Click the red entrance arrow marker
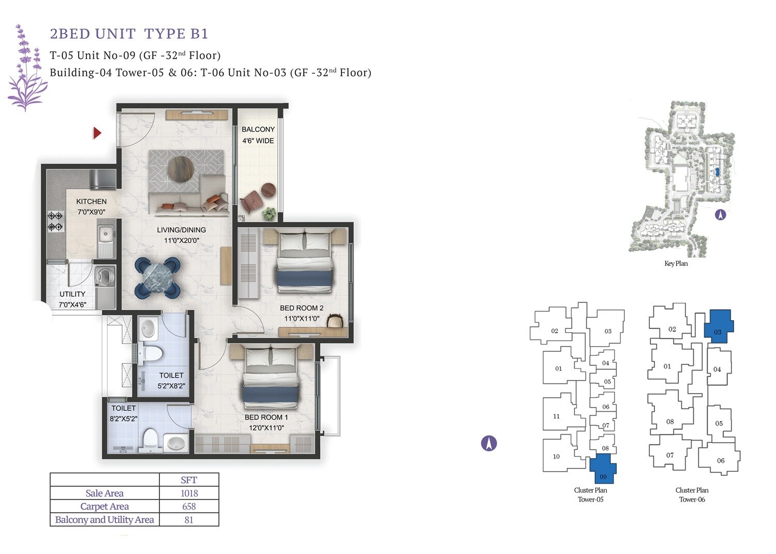pyautogui.click(x=97, y=133)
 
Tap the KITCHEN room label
pyautogui.click(x=91, y=206)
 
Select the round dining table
pyautogui.click(x=158, y=278)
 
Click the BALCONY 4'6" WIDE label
pyautogui.click(x=258, y=135)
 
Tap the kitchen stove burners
pyautogui.click(x=55, y=221)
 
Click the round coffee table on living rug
pyautogui.click(x=181, y=169)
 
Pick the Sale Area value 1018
pyautogui.click(x=189, y=493)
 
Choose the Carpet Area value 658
pyautogui.click(x=189, y=506)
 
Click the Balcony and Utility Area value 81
pyautogui.click(x=189, y=520)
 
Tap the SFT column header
pyautogui.click(x=189, y=480)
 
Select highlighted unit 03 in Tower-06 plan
pyautogui.click(x=718, y=326)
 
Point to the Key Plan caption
pyautogui.click(x=676, y=263)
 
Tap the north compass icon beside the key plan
pyautogui.click(x=720, y=214)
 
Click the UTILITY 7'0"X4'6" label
pyautogui.click(x=72, y=299)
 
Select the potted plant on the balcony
pyautogui.click(x=269, y=212)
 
